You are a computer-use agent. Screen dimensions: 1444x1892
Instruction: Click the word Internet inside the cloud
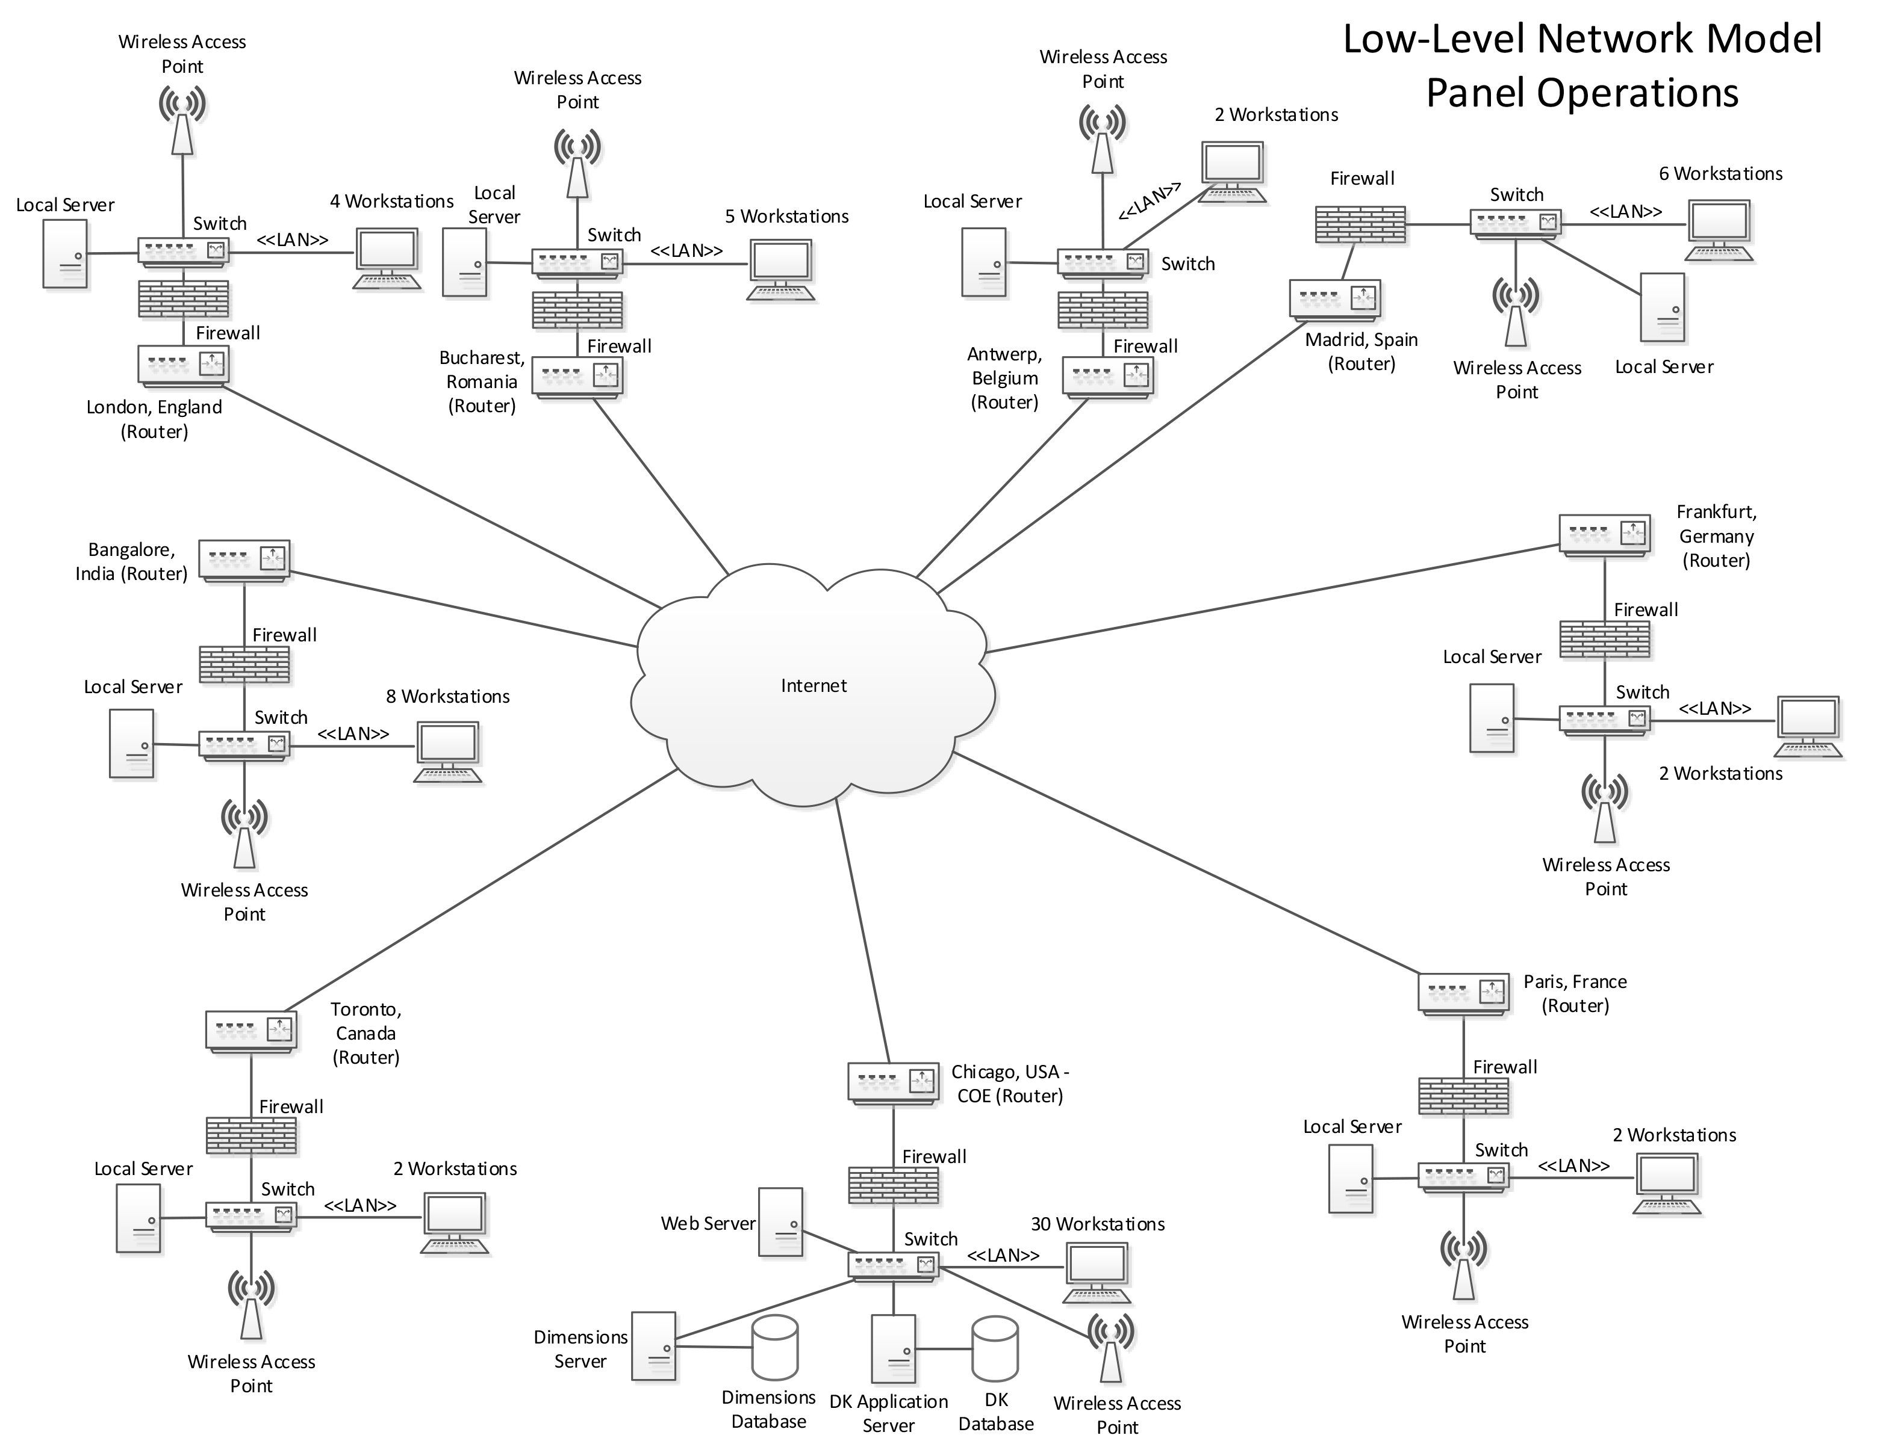pyautogui.click(x=813, y=686)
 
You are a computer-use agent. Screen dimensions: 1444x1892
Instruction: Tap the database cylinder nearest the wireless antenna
pyautogui.click(x=994, y=1348)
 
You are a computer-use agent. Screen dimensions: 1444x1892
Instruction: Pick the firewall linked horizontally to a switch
pyautogui.click(x=1361, y=226)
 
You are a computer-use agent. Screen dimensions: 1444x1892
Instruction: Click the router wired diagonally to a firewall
pyautogui.click(x=1336, y=301)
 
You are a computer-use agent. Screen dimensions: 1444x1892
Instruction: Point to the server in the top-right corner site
pyautogui.click(x=1663, y=309)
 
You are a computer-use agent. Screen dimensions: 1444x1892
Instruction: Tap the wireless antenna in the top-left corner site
pyautogui.click(x=183, y=120)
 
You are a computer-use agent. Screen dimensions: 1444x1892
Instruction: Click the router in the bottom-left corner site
pyautogui.click(x=252, y=1031)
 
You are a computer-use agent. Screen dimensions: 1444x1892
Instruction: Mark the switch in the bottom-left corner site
pyautogui.click(x=252, y=1217)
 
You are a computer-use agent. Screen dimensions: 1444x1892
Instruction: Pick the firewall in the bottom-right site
pyautogui.click(x=1464, y=1097)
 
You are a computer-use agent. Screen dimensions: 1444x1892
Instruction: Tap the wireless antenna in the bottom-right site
pyautogui.click(x=1464, y=1267)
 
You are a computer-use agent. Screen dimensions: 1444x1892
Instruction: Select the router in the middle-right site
pyautogui.click(x=1605, y=536)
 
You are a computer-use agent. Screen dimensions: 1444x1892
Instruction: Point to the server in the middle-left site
pyautogui.click(x=133, y=744)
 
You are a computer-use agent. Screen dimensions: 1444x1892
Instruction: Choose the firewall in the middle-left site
pyautogui.click(x=245, y=666)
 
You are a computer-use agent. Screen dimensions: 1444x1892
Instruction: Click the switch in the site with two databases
pyautogui.click(x=894, y=1267)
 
